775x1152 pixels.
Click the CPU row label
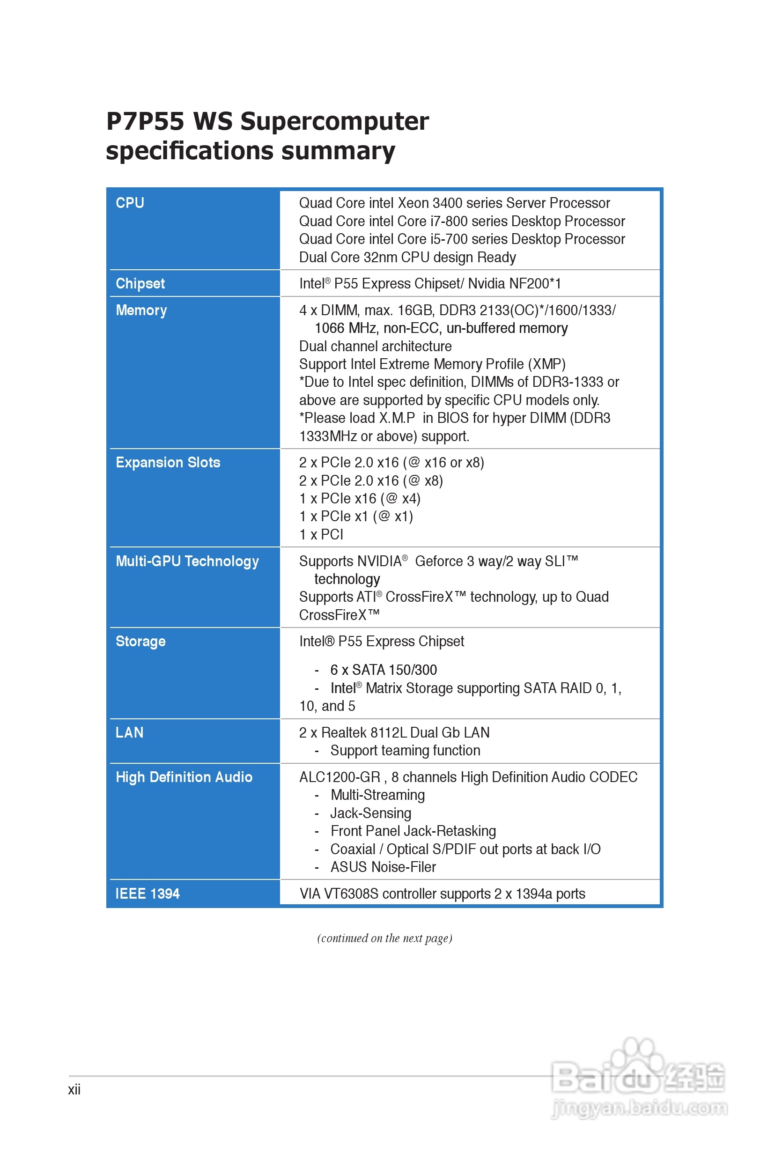click(x=130, y=203)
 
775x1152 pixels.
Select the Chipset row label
click(x=140, y=284)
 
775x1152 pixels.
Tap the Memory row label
click(x=141, y=310)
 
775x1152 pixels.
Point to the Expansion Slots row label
click(x=168, y=463)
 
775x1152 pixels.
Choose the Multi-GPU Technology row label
click(x=187, y=561)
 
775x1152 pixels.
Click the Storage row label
click(x=141, y=642)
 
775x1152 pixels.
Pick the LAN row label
click(x=130, y=732)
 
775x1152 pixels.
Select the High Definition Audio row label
click(x=184, y=777)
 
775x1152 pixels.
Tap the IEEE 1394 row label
click(x=148, y=894)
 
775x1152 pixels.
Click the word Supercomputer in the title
click(x=335, y=122)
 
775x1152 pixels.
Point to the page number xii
click(x=74, y=1090)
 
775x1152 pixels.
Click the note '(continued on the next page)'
click(x=384, y=938)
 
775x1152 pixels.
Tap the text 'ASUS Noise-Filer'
click(x=383, y=867)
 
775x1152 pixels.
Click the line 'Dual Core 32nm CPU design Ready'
click(x=407, y=258)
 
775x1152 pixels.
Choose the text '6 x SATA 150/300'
click(x=384, y=670)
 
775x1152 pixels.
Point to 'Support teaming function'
click(x=405, y=751)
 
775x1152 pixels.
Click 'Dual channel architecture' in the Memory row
click(x=375, y=347)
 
